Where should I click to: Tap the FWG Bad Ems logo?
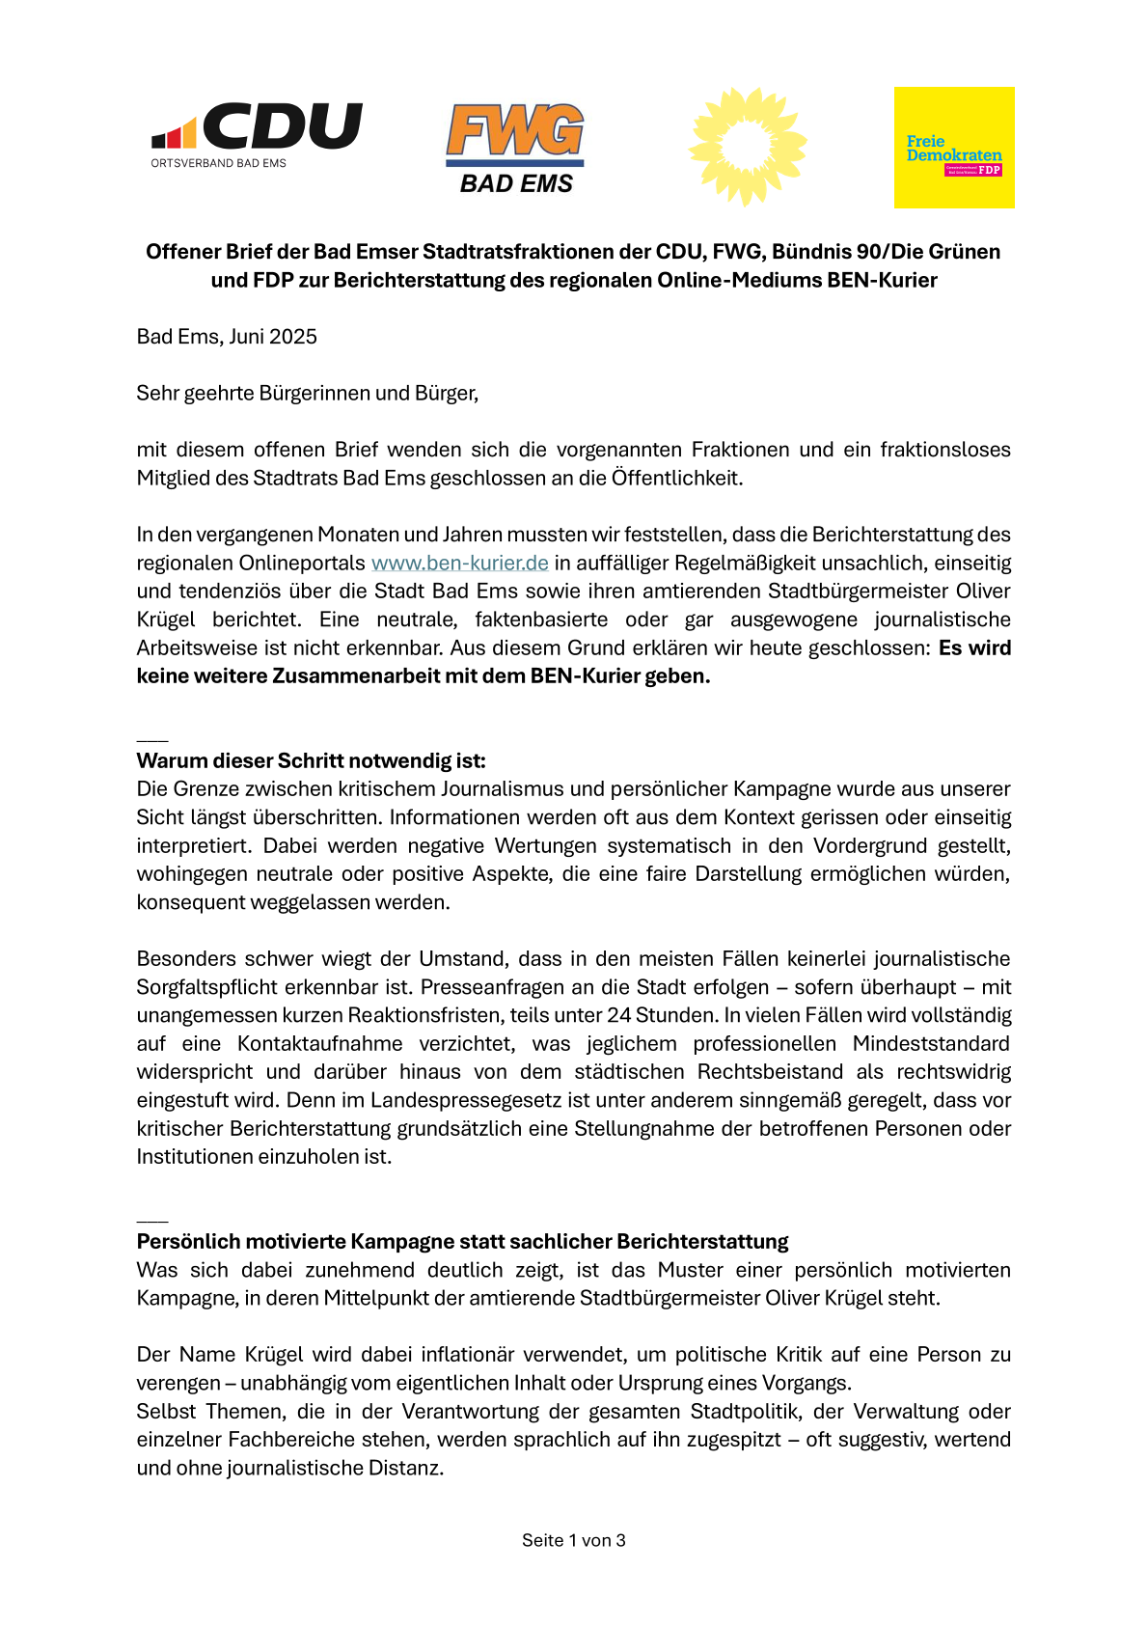(x=515, y=149)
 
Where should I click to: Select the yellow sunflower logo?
(x=748, y=146)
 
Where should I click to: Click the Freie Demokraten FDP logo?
(x=954, y=148)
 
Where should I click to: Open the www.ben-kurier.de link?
(x=459, y=563)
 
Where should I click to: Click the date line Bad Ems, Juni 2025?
(x=227, y=337)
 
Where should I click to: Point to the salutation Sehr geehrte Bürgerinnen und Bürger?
(x=307, y=393)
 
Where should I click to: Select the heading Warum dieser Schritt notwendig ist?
(x=311, y=760)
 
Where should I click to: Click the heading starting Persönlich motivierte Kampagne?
(x=462, y=1241)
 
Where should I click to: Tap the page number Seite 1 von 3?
(x=574, y=1540)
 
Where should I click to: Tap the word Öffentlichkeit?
(x=676, y=478)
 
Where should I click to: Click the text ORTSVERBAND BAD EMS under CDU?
(x=219, y=163)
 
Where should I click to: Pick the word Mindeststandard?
(x=931, y=1043)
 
